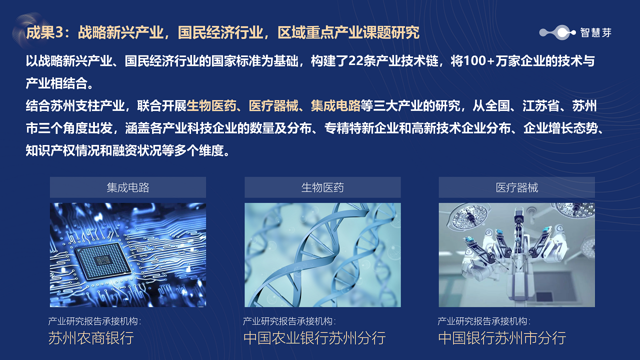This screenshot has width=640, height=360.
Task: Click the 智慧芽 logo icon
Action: tap(557, 32)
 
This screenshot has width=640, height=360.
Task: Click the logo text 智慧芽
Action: tap(595, 32)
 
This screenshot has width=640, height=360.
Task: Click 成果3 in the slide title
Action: tap(44, 32)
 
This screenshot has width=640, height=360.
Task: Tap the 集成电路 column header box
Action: tap(127, 187)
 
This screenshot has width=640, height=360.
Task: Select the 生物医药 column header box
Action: tap(322, 187)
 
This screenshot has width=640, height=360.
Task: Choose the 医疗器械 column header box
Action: tap(517, 187)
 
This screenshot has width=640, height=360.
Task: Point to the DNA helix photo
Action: tap(322, 255)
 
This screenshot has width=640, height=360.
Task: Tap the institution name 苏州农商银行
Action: tap(91, 338)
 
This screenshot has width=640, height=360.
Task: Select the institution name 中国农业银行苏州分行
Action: tap(314, 338)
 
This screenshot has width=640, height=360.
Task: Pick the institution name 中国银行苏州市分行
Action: tap(502, 338)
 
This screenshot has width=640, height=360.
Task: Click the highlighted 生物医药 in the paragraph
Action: tap(211, 106)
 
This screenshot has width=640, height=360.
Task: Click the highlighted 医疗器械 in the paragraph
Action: tap(273, 106)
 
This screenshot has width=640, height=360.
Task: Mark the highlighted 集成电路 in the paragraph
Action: tap(335, 106)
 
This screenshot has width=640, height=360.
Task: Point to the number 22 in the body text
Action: tap(355, 61)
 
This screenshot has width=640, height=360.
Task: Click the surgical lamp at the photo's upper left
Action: tap(468, 217)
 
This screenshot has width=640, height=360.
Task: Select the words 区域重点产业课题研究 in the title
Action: tap(348, 32)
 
